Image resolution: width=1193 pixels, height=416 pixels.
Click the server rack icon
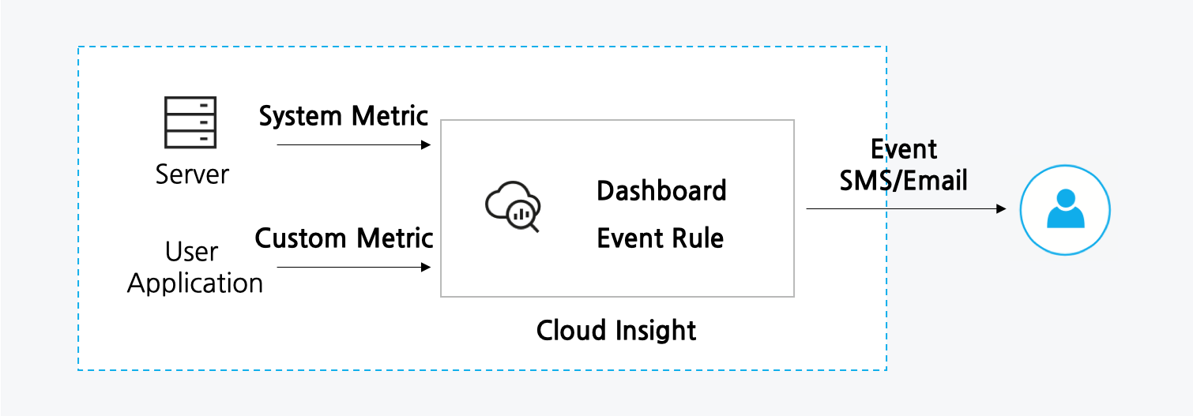[x=190, y=122]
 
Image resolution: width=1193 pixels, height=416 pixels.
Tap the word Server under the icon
[x=191, y=174]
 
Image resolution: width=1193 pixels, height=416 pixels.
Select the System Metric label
[x=344, y=117]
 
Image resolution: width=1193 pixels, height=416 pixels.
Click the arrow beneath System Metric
[x=354, y=144]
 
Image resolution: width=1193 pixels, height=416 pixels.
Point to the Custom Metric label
[x=344, y=238]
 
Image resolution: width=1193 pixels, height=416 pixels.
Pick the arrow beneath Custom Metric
[x=354, y=267]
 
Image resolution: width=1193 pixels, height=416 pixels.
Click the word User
[x=191, y=253]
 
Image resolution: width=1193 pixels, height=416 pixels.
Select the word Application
[x=194, y=283]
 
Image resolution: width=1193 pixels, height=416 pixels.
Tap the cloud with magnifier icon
[x=512, y=208]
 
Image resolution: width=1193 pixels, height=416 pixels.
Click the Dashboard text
[x=661, y=191]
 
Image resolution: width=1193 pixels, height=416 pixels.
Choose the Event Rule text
[x=660, y=238]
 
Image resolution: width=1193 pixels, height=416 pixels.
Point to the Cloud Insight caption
[x=616, y=330]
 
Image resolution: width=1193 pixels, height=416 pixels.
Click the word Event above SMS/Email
[x=904, y=149]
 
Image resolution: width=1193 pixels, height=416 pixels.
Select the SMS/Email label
[x=904, y=181]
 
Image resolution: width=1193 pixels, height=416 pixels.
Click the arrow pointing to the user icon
[x=905, y=208]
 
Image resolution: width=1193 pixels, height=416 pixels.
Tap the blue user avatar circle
[x=1065, y=209]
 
